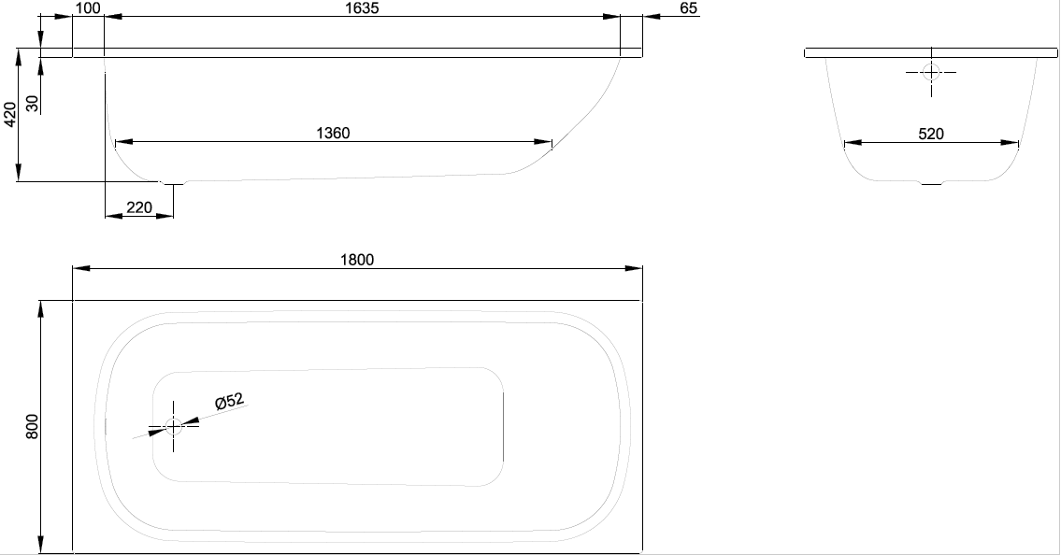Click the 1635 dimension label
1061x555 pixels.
362,8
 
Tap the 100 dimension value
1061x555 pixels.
88,8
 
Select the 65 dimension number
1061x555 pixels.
688,8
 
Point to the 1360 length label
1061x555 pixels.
333,134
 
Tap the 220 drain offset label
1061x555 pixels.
138,207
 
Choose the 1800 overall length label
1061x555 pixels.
356,260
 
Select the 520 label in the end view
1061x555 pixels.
931,134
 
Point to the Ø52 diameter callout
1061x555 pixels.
229,401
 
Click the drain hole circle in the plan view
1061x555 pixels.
173,427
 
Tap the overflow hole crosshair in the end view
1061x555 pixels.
931,72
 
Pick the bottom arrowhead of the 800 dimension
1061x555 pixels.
41,544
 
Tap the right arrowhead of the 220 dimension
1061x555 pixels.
165,217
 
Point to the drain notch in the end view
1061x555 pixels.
931,182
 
